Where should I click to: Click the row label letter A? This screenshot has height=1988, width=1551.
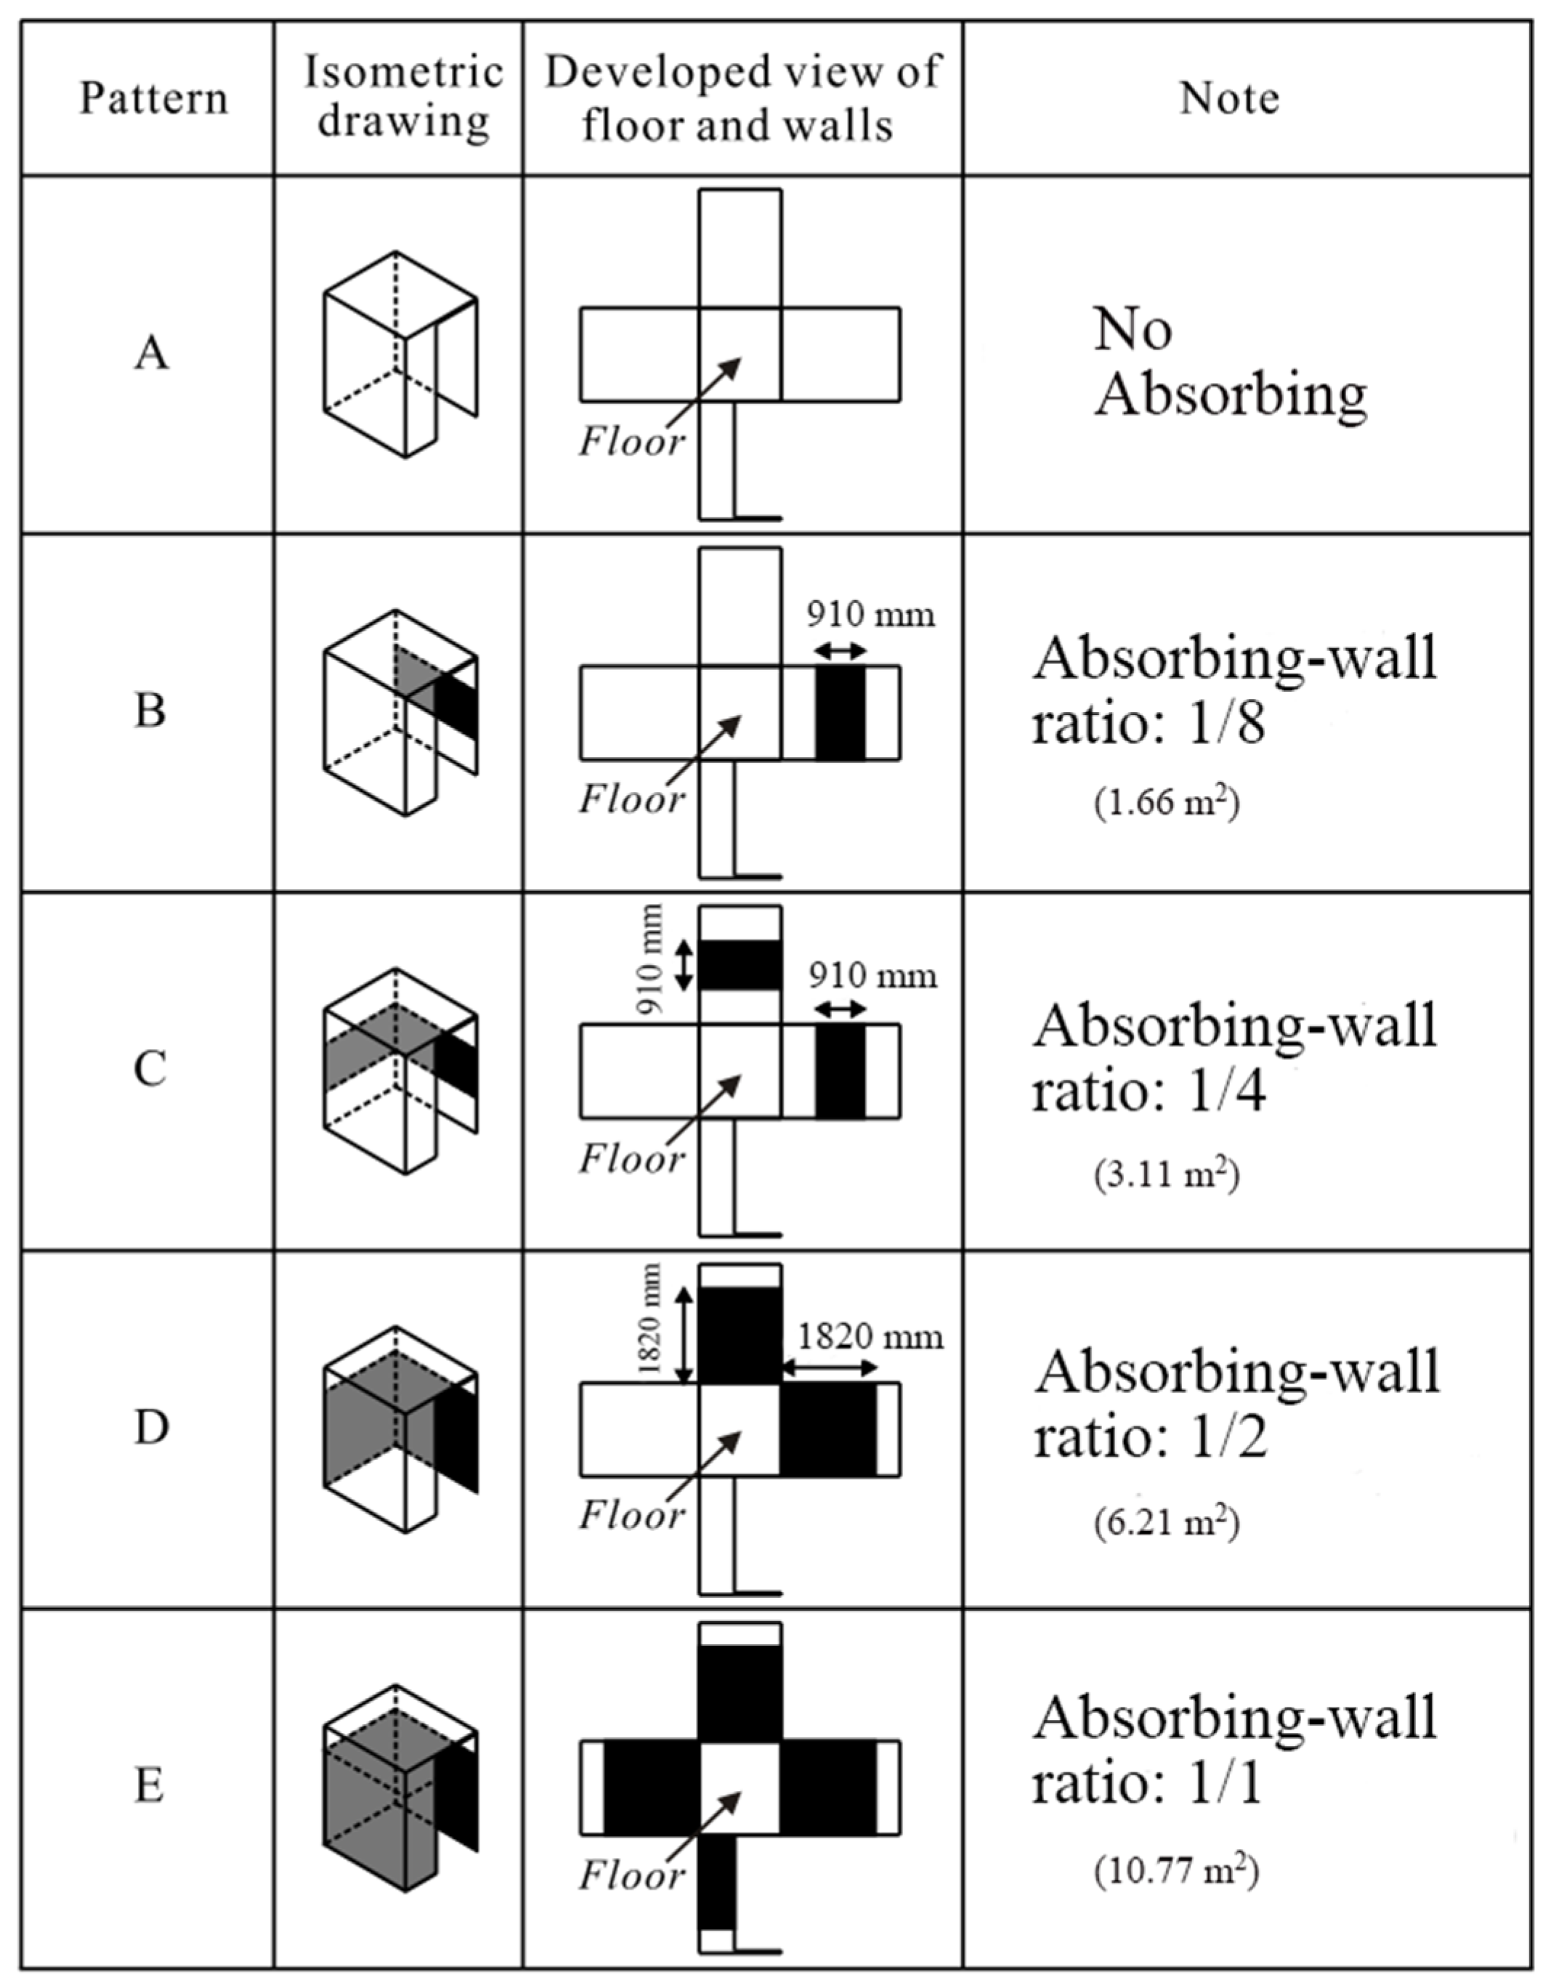tap(151, 353)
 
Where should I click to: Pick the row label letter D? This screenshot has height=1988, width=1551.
tap(151, 1427)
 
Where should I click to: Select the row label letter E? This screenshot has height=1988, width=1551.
tap(149, 1786)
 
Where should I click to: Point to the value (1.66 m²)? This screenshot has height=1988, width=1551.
tap(1166, 804)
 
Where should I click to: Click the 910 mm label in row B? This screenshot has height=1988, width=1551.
tap(870, 615)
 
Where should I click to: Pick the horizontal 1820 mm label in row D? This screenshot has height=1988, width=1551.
tap(870, 1337)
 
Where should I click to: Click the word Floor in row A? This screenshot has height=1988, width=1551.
tap(631, 443)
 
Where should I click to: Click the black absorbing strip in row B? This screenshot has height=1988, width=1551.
tap(839, 712)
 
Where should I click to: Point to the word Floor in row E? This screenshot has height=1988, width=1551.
tap(631, 1875)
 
